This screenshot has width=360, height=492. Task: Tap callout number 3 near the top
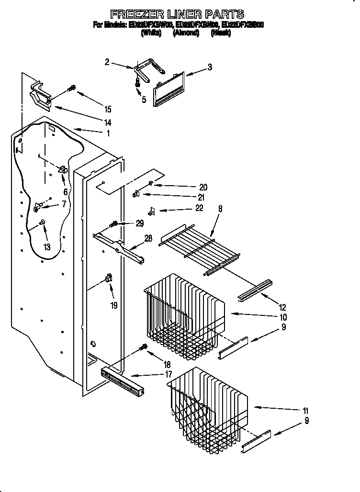pos(210,67)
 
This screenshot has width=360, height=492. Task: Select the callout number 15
pos(108,109)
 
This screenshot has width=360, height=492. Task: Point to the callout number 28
pos(148,238)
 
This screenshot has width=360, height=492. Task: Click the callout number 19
pos(114,305)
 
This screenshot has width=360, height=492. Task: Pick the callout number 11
pos(305,411)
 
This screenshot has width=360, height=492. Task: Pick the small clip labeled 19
pos(108,279)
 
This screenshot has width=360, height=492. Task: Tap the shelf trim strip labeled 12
pos(255,291)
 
